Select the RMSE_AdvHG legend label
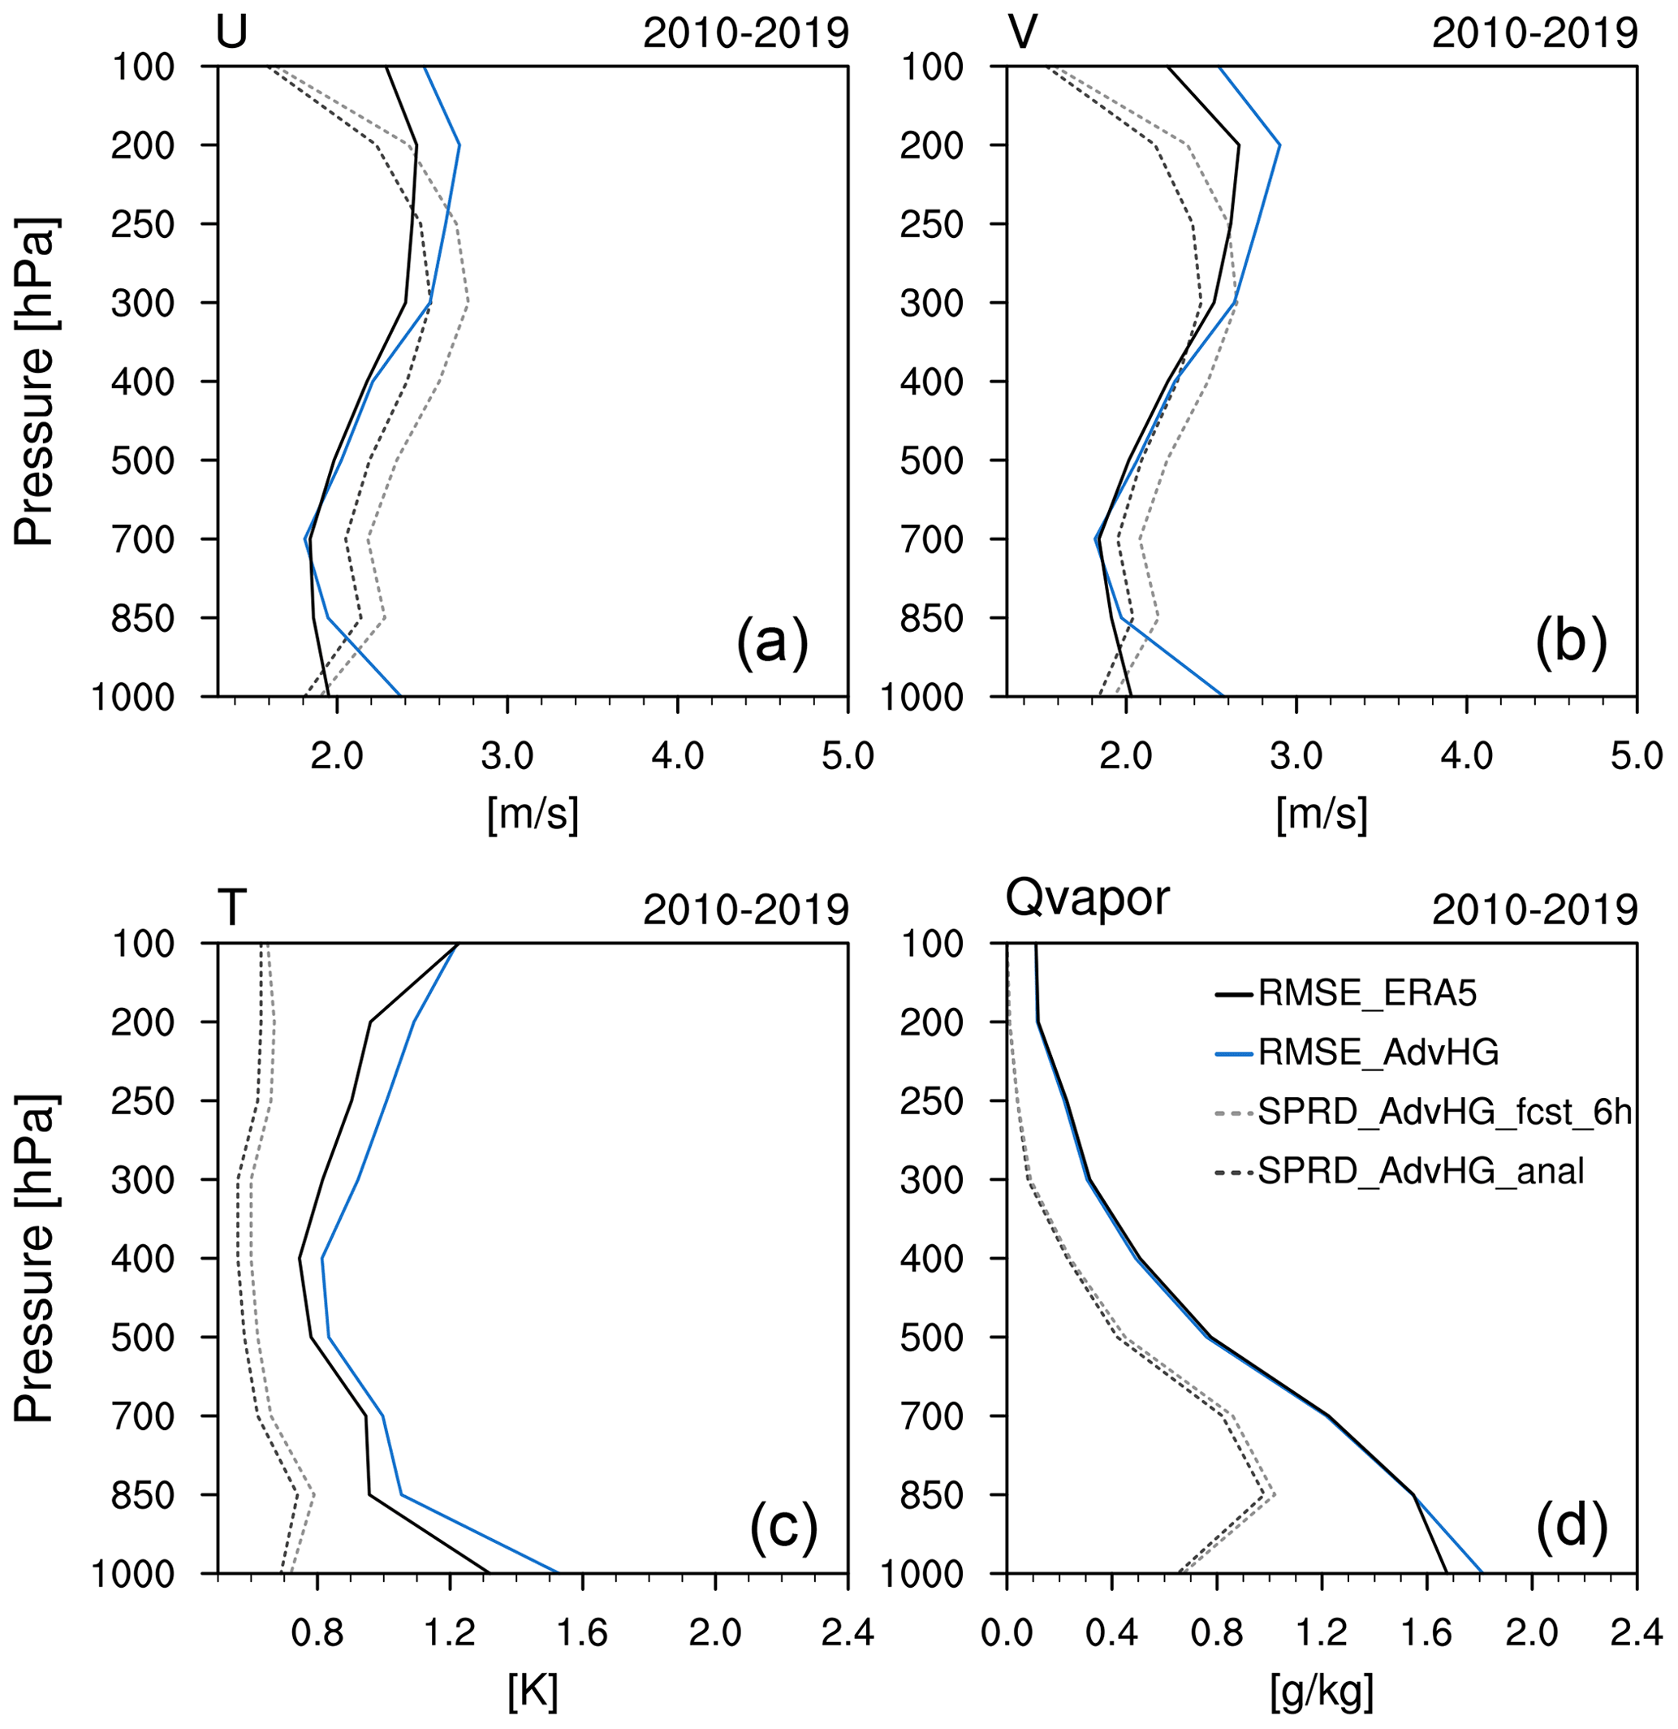pyautogui.click(x=1378, y=1052)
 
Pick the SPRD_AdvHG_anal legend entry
pyautogui.click(x=1421, y=1170)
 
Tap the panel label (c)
pyautogui.click(x=783, y=1527)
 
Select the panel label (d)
pyautogui.click(x=1572, y=1527)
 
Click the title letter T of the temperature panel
pyautogui.click(x=232, y=909)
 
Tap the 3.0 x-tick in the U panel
pyautogui.click(x=507, y=757)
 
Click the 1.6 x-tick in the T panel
pyautogui.click(x=583, y=1634)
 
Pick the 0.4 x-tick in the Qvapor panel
pyautogui.click(x=1112, y=1634)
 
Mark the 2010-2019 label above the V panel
pyautogui.click(x=1534, y=33)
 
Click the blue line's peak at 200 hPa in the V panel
pyautogui.click(x=1279, y=145)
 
